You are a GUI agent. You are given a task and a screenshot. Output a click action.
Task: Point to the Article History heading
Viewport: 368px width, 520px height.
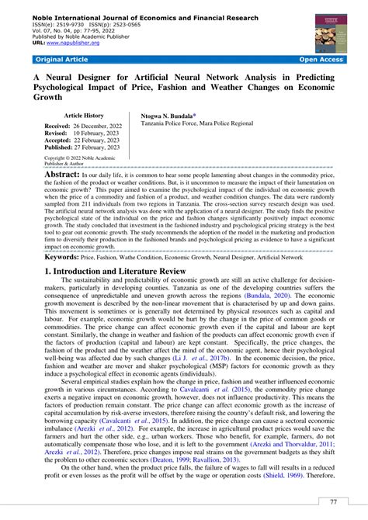click(83, 115)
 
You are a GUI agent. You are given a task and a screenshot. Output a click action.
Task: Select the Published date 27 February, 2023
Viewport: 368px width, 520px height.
click(99, 146)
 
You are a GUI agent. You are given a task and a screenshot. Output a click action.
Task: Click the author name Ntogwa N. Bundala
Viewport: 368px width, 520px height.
click(173, 115)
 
